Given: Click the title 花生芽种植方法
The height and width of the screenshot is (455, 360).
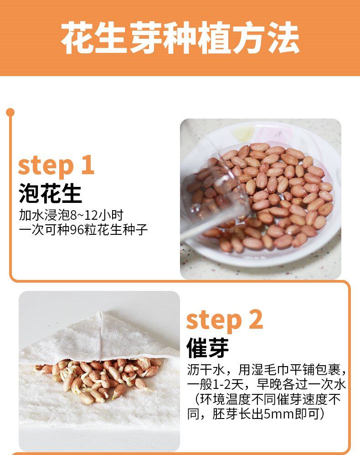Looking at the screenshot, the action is [180, 38].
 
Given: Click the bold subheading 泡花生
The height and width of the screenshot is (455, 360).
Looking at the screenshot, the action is [50, 194].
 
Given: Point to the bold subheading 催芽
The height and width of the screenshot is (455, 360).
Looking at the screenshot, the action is [207, 348].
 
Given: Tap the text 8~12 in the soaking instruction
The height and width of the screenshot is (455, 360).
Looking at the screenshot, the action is [85, 215].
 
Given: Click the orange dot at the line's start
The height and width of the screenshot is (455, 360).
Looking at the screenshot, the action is [10, 112].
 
